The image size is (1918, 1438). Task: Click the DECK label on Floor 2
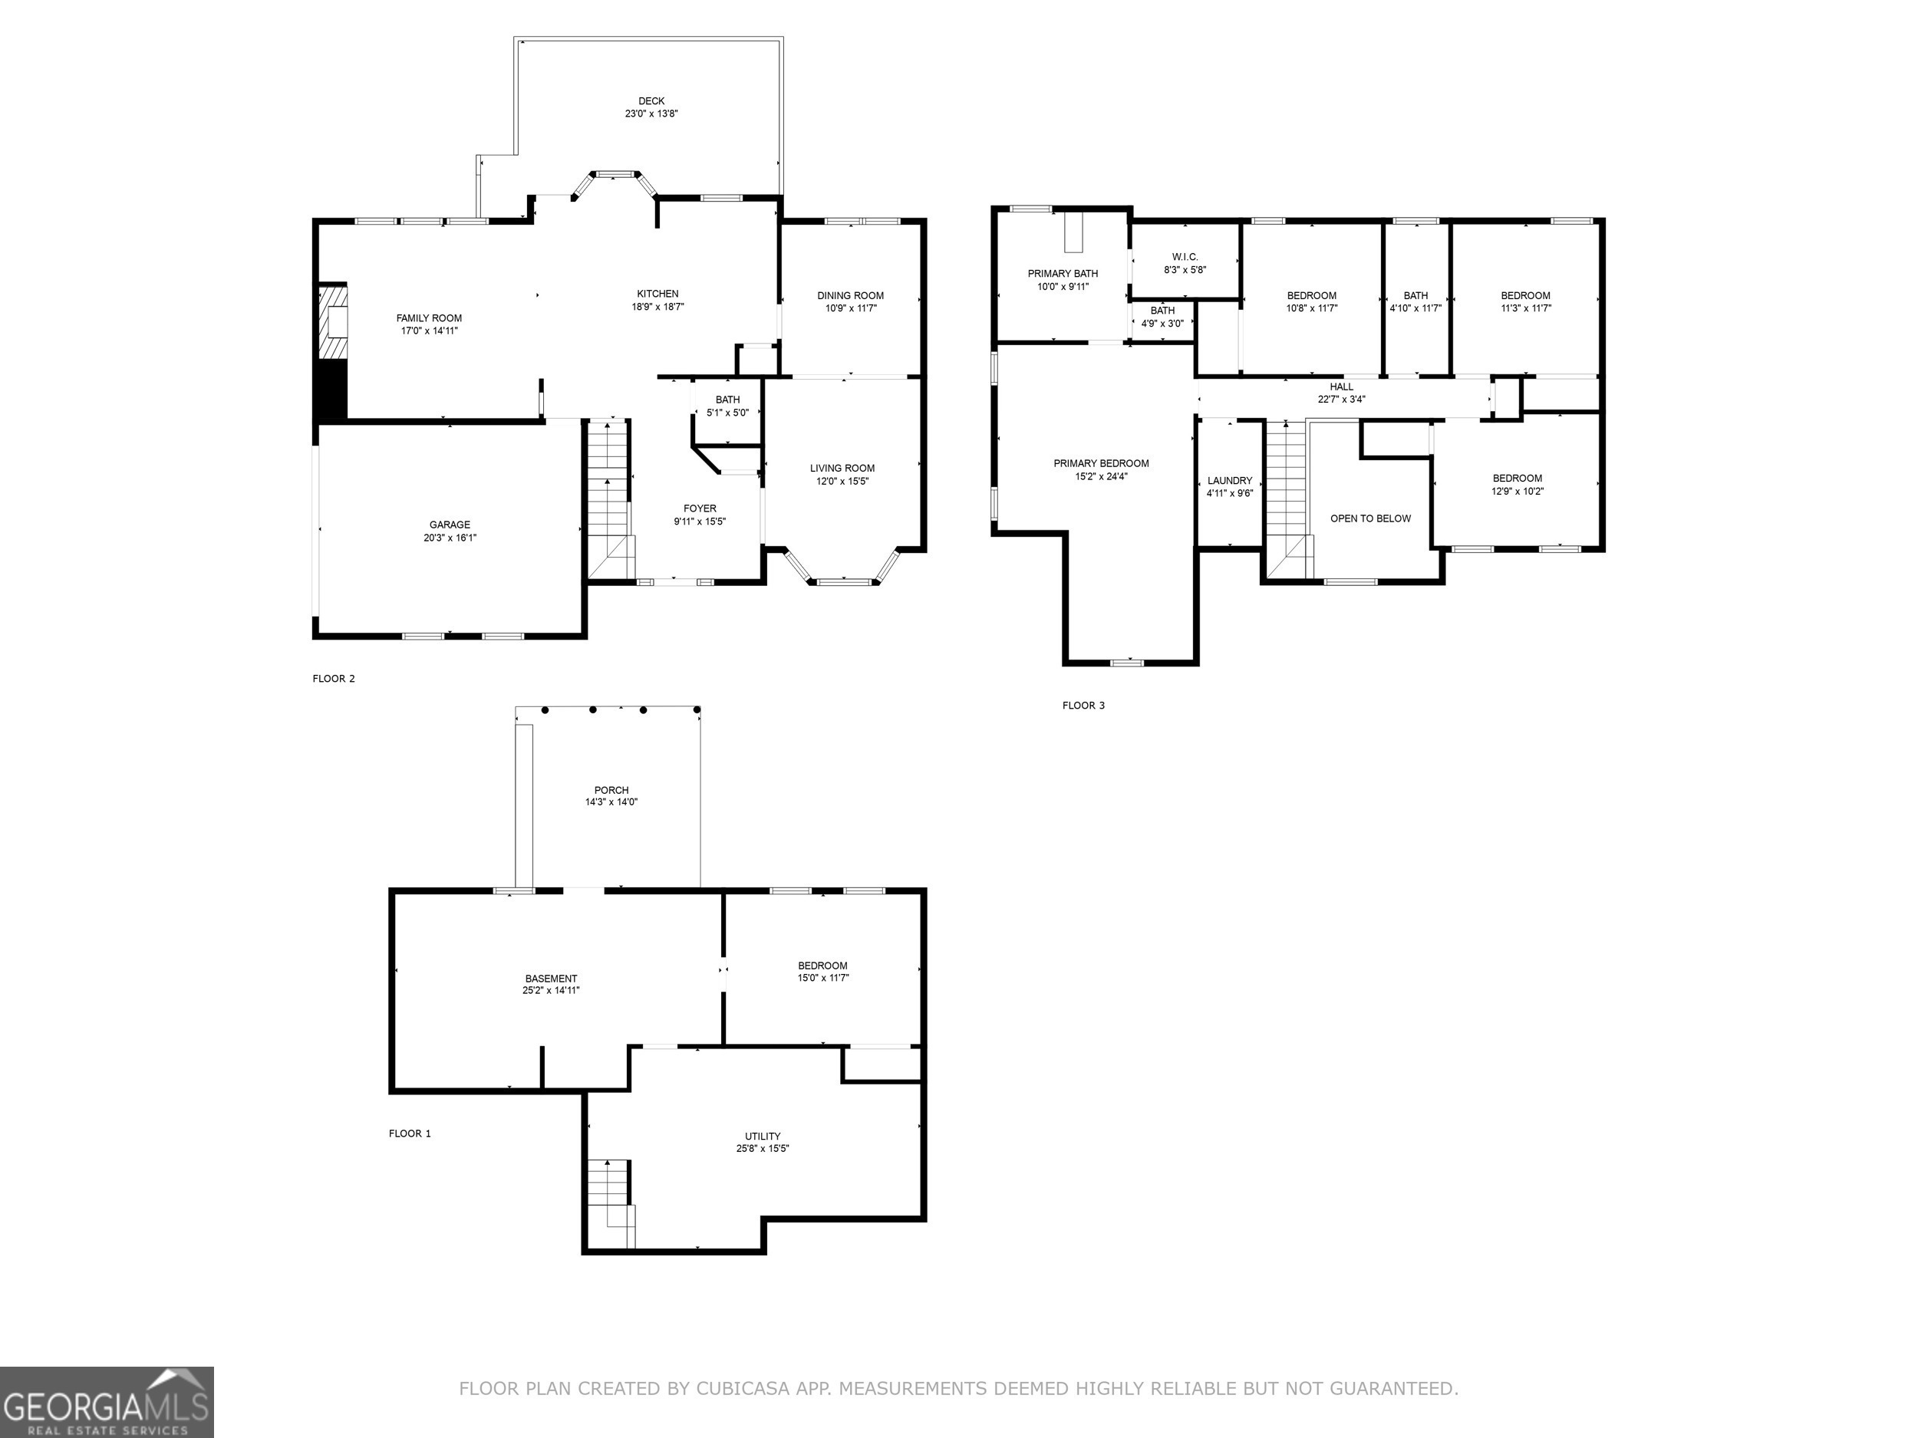pos(651,101)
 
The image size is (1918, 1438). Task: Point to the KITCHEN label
pos(657,294)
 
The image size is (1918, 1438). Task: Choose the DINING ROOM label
pos(850,295)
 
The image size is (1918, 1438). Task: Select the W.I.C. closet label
pos(1185,258)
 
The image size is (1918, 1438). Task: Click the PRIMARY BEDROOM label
pos(1100,464)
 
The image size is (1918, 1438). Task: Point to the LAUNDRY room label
pos(1228,481)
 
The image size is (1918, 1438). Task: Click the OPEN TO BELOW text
pos(1370,519)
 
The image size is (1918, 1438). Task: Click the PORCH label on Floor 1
pos(611,791)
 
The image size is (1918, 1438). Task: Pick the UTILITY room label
pos(762,1137)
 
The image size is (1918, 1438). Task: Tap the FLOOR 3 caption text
pos(1083,706)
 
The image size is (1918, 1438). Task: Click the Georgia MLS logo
pos(106,1402)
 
